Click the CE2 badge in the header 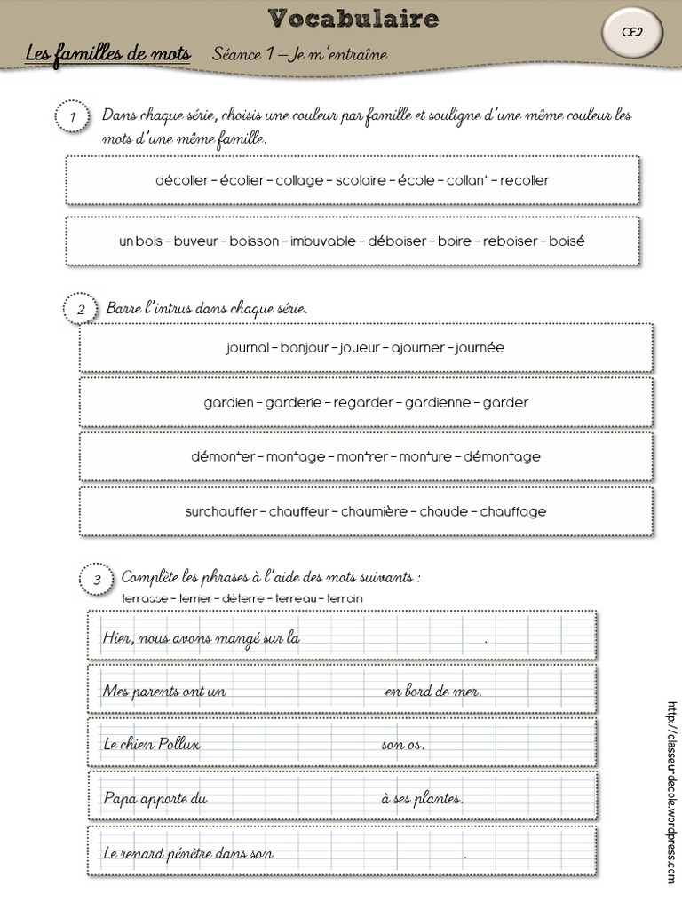click(x=632, y=32)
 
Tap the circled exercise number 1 click(x=72, y=117)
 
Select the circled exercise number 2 click(x=81, y=309)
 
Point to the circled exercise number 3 click(x=97, y=580)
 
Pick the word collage click(x=301, y=180)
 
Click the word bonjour click(x=305, y=348)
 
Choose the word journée click(x=480, y=348)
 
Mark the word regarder click(x=363, y=402)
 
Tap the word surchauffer click(x=221, y=511)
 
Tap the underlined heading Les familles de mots click(x=108, y=54)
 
